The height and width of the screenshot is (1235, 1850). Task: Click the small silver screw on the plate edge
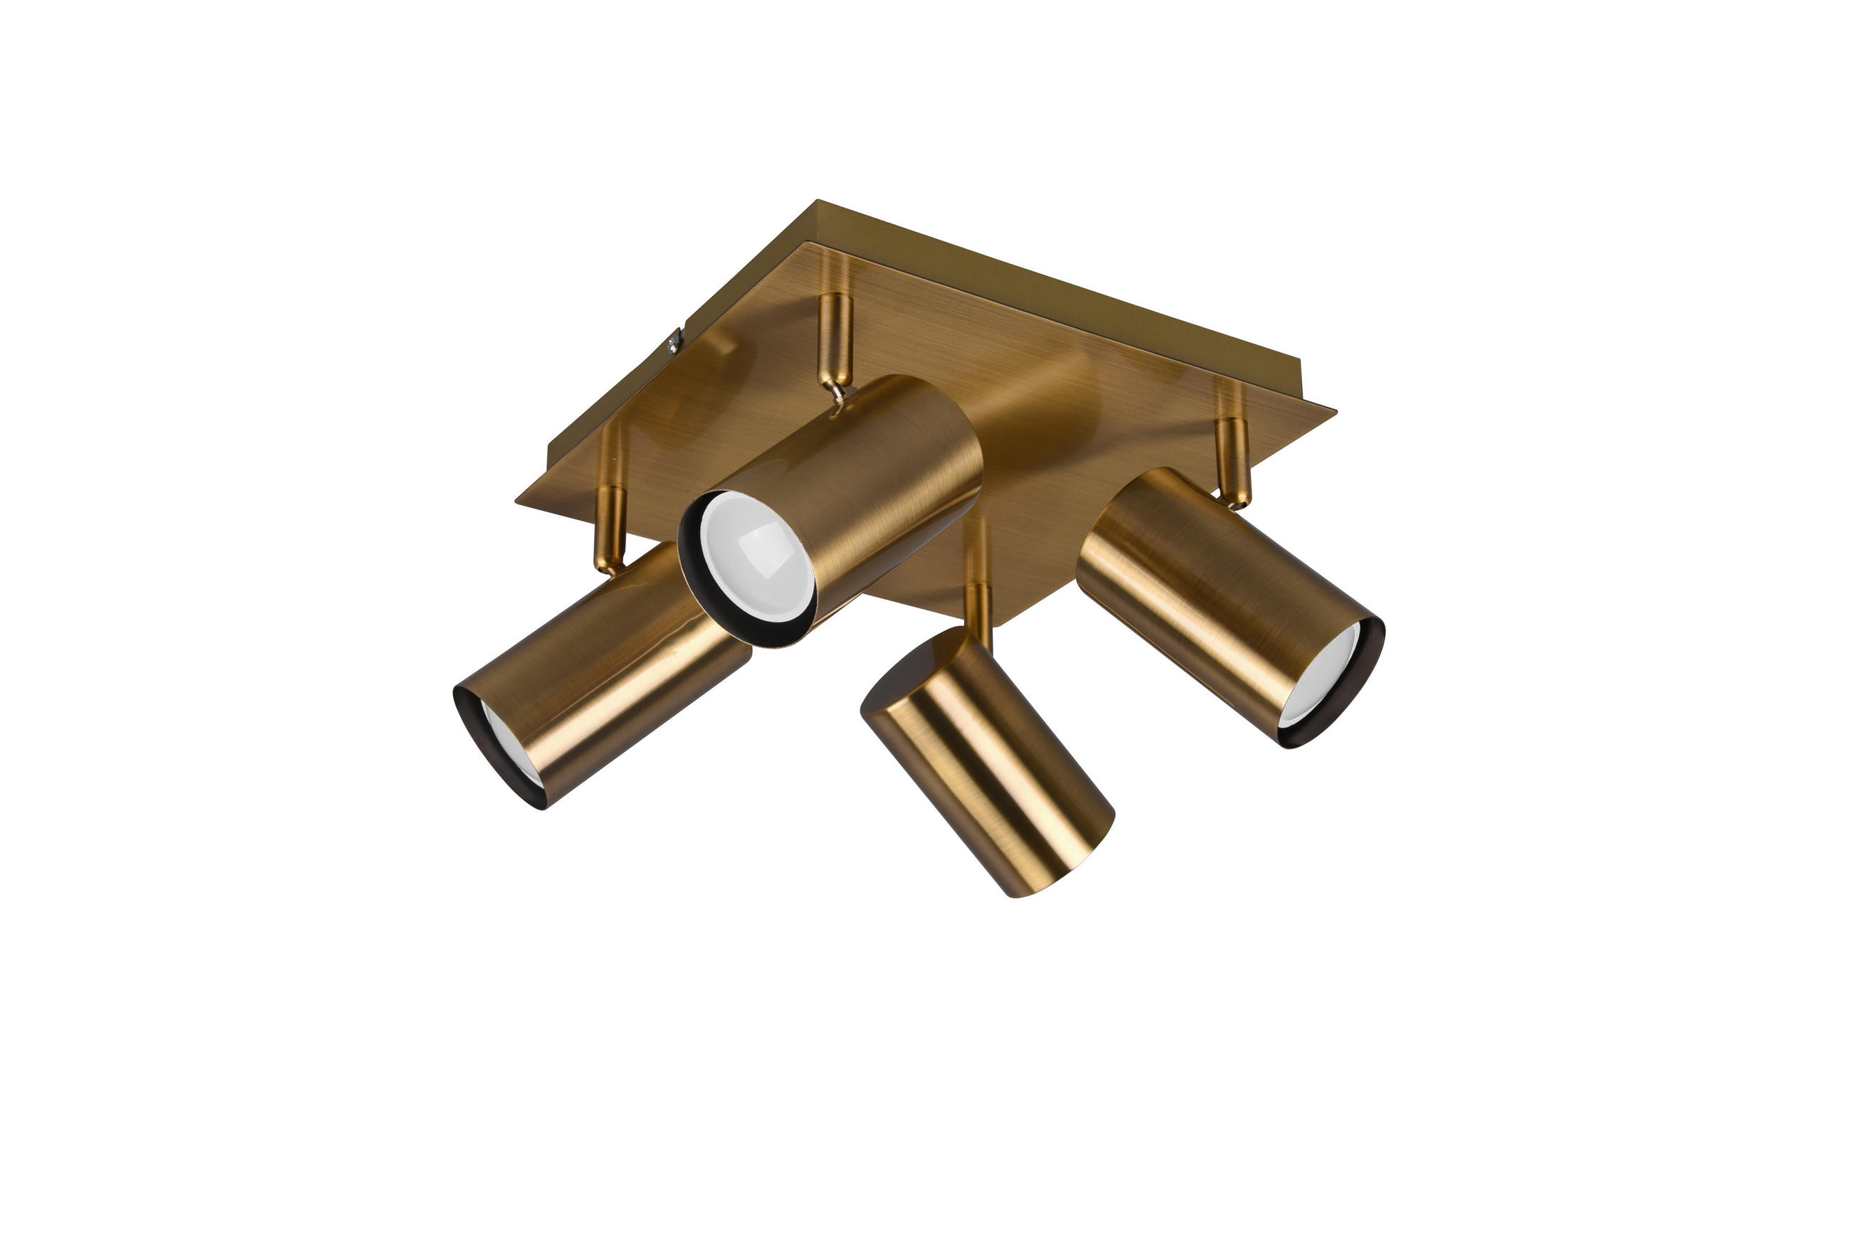674,341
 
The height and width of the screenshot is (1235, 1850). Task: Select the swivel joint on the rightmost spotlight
1233,499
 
